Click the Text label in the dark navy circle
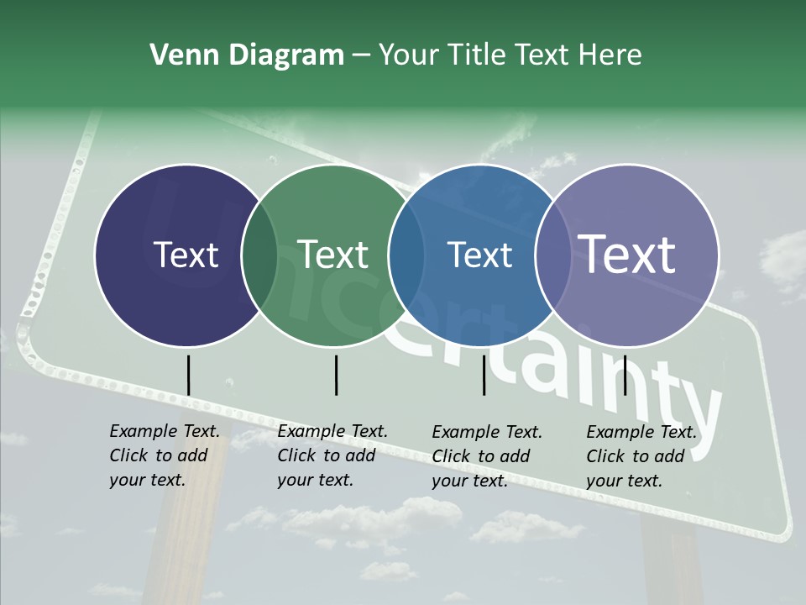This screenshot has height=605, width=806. (x=186, y=255)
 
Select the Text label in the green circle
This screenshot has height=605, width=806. (x=332, y=255)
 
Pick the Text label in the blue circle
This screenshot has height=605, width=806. (x=479, y=255)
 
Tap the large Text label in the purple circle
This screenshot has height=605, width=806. (x=627, y=254)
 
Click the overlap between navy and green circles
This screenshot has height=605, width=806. (x=259, y=255)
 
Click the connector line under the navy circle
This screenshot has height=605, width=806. (x=188, y=375)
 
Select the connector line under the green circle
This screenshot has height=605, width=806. (x=336, y=375)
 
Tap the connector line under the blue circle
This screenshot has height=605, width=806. (x=484, y=375)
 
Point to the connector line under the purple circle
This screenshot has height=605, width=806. (x=625, y=375)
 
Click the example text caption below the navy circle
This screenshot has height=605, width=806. (x=165, y=455)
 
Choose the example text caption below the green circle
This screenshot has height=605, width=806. (x=332, y=455)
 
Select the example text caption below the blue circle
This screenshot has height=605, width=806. (x=487, y=456)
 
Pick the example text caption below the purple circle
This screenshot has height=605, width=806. (x=641, y=456)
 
